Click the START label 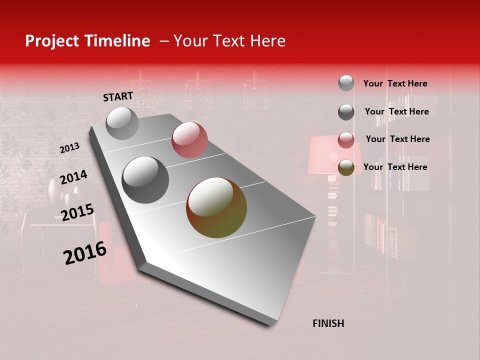(118, 96)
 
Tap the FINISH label (328, 323)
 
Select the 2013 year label (69, 148)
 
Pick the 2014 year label (73, 177)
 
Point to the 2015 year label (77, 212)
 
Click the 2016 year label (85, 253)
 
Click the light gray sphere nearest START (122, 123)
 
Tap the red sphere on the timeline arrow (189, 140)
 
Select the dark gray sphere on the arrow (145, 180)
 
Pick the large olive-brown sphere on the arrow (216, 207)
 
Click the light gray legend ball (346, 83)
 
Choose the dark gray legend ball (346, 112)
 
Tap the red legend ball (346, 140)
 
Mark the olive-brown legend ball (346, 168)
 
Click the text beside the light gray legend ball (395, 83)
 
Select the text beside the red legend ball (397, 139)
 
